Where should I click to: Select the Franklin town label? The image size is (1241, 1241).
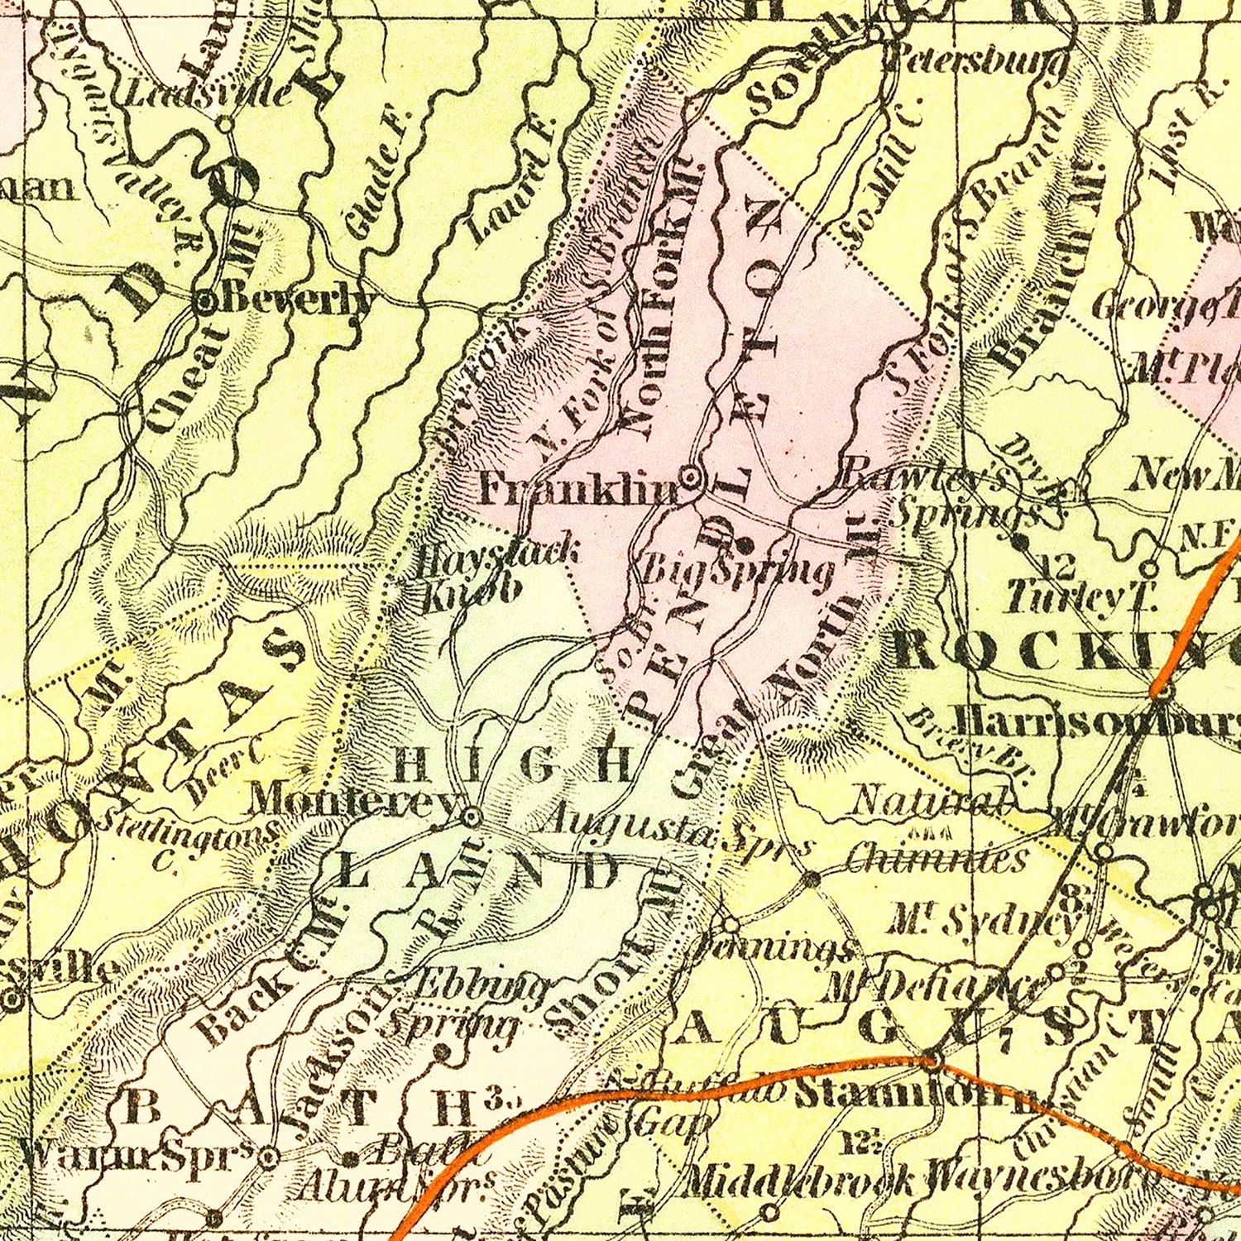point(579,489)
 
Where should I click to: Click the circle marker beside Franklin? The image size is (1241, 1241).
point(691,477)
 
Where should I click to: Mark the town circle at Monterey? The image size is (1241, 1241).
point(472,817)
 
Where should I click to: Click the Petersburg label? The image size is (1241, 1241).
point(976,63)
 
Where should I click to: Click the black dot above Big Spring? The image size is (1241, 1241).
point(743,544)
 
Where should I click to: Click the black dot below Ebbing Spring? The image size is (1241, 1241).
point(442,1053)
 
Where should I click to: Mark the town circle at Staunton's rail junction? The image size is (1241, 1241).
point(932,1059)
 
